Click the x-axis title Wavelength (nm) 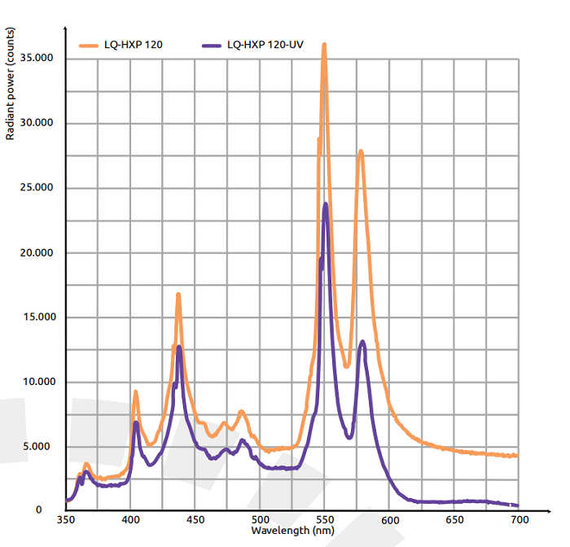click(x=291, y=530)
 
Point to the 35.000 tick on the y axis click(x=37, y=59)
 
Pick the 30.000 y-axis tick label click(x=37, y=123)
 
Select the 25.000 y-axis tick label click(x=37, y=188)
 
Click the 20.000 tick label click(x=37, y=252)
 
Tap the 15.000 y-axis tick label click(x=37, y=317)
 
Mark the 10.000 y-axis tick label click(x=37, y=382)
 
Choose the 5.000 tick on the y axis click(x=40, y=447)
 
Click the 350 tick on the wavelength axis click(x=66, y=519)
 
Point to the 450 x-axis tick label click(x=195, y=519)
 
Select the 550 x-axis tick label click(x=325, y=519)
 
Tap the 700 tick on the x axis click(x=519, y=519)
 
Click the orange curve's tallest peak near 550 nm click(x=324, y=46)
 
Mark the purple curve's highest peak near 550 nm click(x=326, y=204)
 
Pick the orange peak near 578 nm click(x=360, y=151)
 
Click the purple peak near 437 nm click(x=179, y=348)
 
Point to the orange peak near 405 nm click(x=136, y=392)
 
